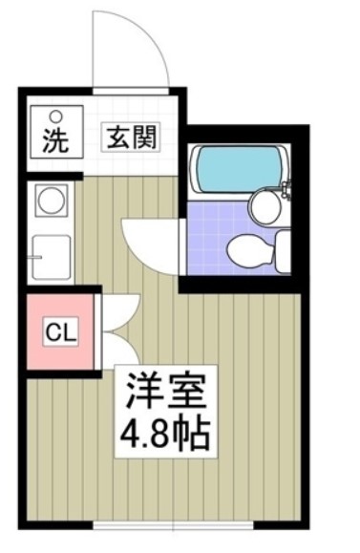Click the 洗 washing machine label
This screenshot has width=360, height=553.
click(55, 140)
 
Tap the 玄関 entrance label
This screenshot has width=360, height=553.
click(132, 138)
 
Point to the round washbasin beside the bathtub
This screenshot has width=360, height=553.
click(263, 204)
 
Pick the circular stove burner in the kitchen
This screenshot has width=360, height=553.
click(49, 201)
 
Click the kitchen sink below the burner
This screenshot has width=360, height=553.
click(51, 256)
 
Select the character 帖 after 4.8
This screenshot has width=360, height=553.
click(196, 437)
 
